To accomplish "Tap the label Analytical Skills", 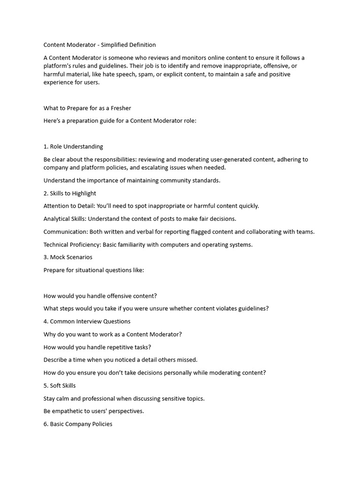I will coord(65,219).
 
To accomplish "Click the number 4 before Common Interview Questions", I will coord(45,322).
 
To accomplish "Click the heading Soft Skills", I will coord(63,386).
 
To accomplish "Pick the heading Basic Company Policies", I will coord(81,424).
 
